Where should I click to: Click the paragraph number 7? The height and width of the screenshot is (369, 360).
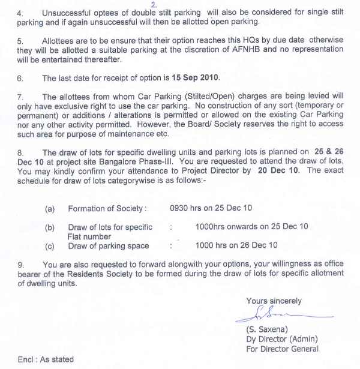(20, 96)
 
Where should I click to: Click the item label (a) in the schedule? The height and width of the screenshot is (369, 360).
(50, 209)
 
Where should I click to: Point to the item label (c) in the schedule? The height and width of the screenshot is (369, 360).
(50, 245)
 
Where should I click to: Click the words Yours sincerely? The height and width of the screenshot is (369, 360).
(274, 301)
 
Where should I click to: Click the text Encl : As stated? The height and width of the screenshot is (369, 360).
(46, 359)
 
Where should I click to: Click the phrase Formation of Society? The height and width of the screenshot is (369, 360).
(106, 209)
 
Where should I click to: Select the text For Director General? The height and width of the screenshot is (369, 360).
(282, 349)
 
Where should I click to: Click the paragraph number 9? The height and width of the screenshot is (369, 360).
(20, 264)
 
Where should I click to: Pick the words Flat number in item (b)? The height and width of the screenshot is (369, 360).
(89, 236)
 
